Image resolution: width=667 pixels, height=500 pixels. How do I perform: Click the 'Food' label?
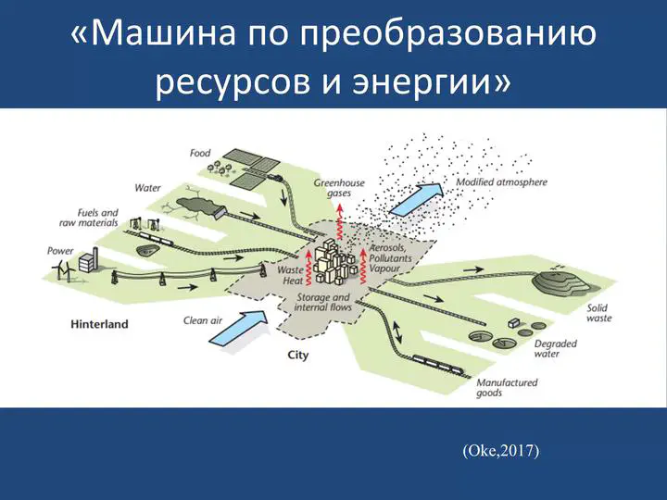(200, 153)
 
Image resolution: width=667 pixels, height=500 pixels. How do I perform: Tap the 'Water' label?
(147, 188)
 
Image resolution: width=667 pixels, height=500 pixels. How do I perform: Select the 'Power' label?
(60, 251)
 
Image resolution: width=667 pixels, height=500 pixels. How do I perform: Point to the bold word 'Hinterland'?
(99, 324)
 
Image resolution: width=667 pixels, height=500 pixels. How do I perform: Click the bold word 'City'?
(298, 355)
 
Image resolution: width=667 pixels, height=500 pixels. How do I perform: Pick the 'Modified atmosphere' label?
(501, 182)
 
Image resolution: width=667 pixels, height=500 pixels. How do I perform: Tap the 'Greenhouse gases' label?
(339, 188)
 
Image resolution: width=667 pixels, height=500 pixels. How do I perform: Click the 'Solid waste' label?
(599, 313)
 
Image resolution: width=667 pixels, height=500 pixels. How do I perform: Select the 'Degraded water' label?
(556, 349)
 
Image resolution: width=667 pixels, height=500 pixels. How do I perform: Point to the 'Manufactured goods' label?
(507, 387)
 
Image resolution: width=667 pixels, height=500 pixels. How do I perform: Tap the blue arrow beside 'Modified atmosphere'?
(417, 198)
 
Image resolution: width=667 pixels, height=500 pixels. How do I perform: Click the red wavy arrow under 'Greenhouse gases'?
(339, 223)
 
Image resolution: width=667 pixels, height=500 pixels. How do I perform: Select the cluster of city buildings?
(334, 262)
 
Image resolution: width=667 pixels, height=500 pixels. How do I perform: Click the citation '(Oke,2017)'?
(500, 450)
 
